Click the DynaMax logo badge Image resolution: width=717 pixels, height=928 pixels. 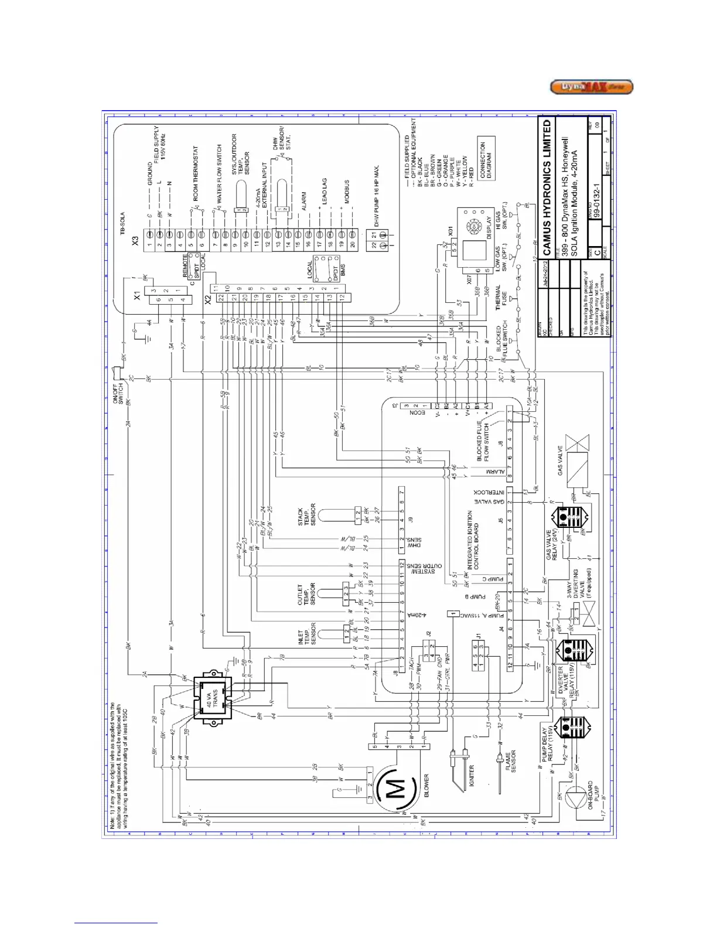click(x=591, y=87)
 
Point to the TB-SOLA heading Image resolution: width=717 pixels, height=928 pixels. click(x=122, y=224)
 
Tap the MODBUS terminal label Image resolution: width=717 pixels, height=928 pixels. click(x=346, y=192)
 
